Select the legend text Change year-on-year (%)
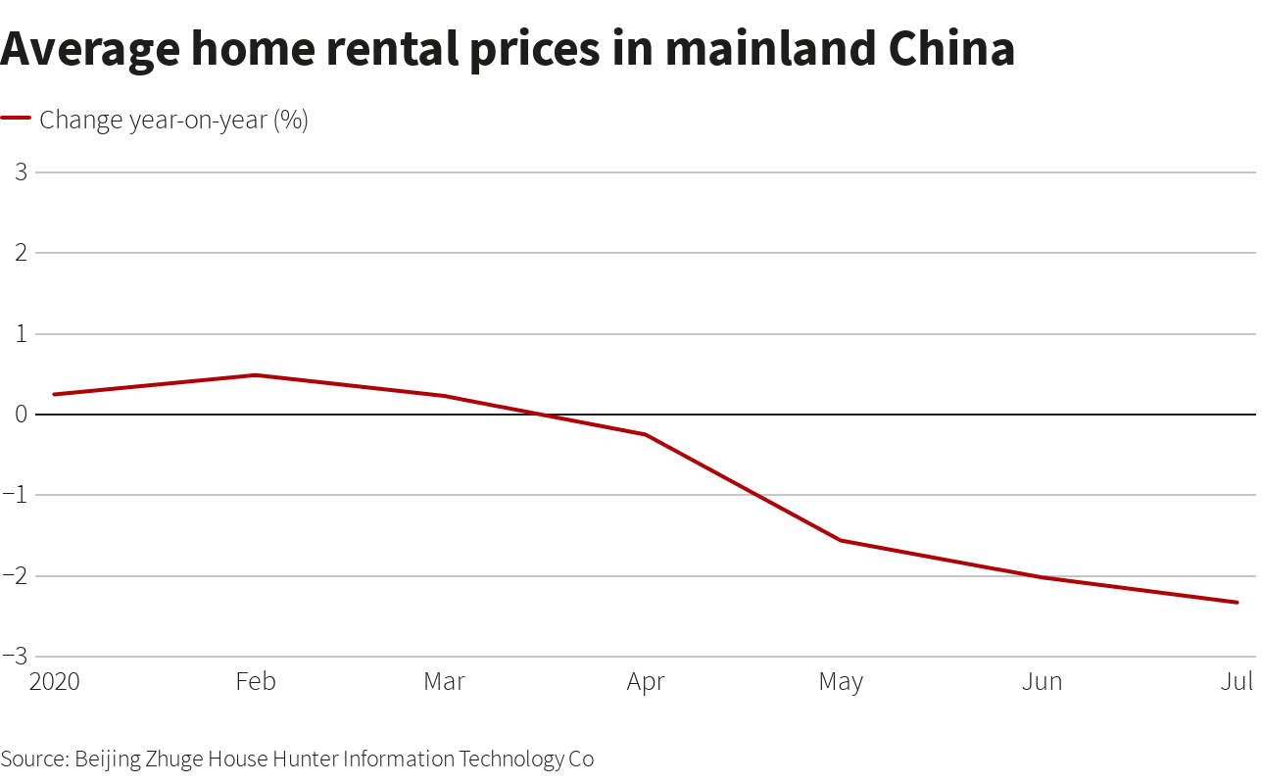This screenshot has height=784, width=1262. point(173,120)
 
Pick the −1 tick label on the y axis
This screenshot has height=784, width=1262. point(16,495)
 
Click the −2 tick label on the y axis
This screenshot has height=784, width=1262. point(16,576)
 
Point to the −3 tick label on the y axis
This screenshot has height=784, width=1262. point(16,657)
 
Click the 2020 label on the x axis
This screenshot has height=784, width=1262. point(55,681)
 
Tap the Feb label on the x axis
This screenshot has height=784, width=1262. point(255,681)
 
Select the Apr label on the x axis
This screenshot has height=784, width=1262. point(646,681)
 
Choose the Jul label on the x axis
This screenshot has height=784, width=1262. point(1237,681)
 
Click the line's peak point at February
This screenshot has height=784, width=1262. point(255,374)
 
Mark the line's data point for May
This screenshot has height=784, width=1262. point(842,540)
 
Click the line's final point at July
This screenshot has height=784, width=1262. point(1237,602)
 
